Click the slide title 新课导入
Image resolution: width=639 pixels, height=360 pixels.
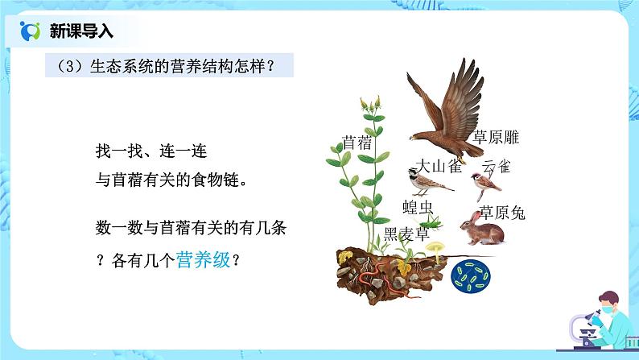click(81, 31)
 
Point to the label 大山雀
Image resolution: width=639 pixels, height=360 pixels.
click(438, 165)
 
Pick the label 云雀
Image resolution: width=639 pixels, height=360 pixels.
click(497, 167)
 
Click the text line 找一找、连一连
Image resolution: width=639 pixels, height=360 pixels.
click(157, 151)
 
